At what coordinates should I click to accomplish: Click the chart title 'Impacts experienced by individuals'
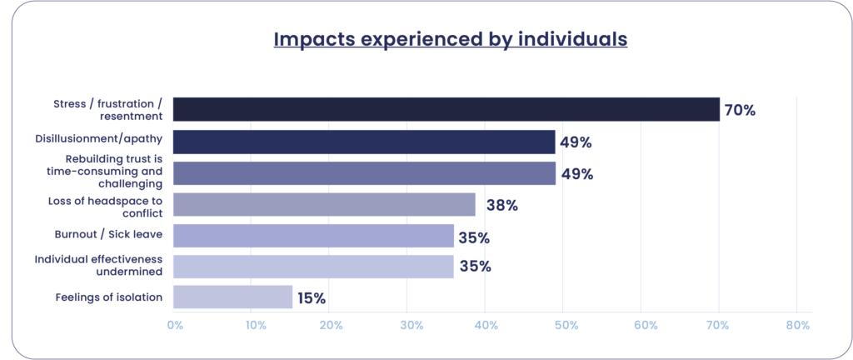pos(450,39)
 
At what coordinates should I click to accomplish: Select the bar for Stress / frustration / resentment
pos(446,109)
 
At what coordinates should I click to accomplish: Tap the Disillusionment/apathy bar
pos(364,142)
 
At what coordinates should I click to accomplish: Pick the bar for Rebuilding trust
pos(364,173)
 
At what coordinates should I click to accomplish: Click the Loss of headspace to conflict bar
pos(324,204)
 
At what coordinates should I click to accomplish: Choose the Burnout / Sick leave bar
pos(313,236)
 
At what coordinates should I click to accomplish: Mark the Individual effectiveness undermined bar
pos(313,267)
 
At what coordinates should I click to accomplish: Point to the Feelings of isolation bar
pos(232,297)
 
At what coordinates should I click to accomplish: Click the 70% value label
pos(740,110)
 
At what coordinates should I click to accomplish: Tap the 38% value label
pos(501,205)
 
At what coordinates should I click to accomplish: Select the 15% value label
pos(312,298)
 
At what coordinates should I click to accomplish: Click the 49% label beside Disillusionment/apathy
pos(576,142)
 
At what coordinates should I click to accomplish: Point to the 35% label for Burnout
pos(473,237)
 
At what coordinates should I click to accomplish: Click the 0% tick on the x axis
pos(175,326)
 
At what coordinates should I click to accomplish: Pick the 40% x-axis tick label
pos(486,326)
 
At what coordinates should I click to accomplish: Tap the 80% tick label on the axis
pos(797,326)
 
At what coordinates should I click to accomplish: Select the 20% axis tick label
pos(331,326)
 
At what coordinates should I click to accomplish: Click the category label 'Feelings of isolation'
pos(108,297)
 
